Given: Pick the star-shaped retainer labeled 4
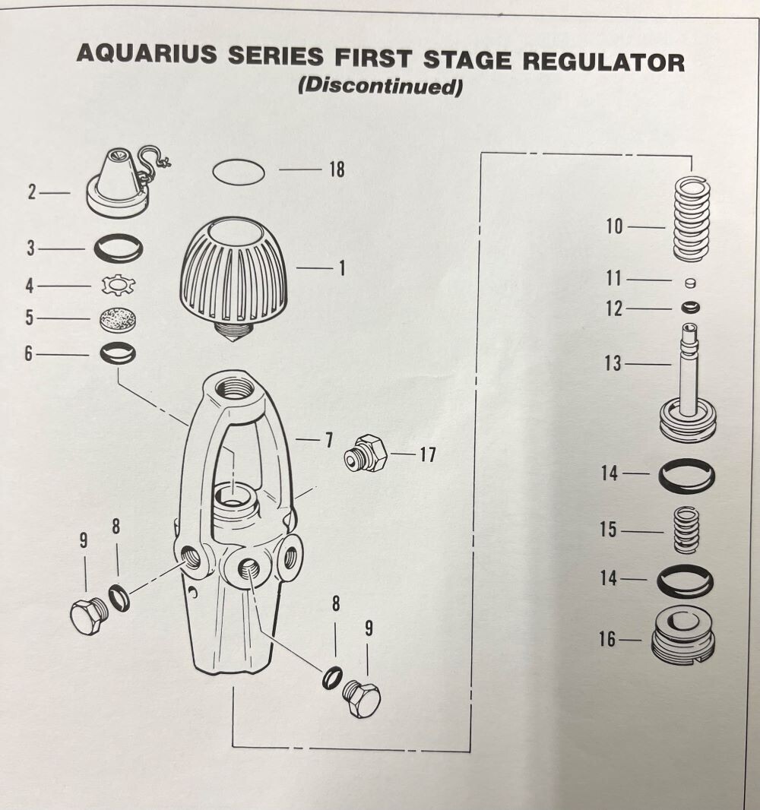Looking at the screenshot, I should [x=119, y=286].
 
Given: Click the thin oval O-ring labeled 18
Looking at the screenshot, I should [x=239, y=172].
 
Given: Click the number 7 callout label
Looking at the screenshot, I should [x=328, y=439].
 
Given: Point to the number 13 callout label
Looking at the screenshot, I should [x=613, y=364].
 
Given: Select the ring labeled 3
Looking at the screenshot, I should [x=119, y=248].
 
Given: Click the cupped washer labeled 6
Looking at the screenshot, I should [x=119, y=353].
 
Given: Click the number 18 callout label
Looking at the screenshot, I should [x=336, y=170].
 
